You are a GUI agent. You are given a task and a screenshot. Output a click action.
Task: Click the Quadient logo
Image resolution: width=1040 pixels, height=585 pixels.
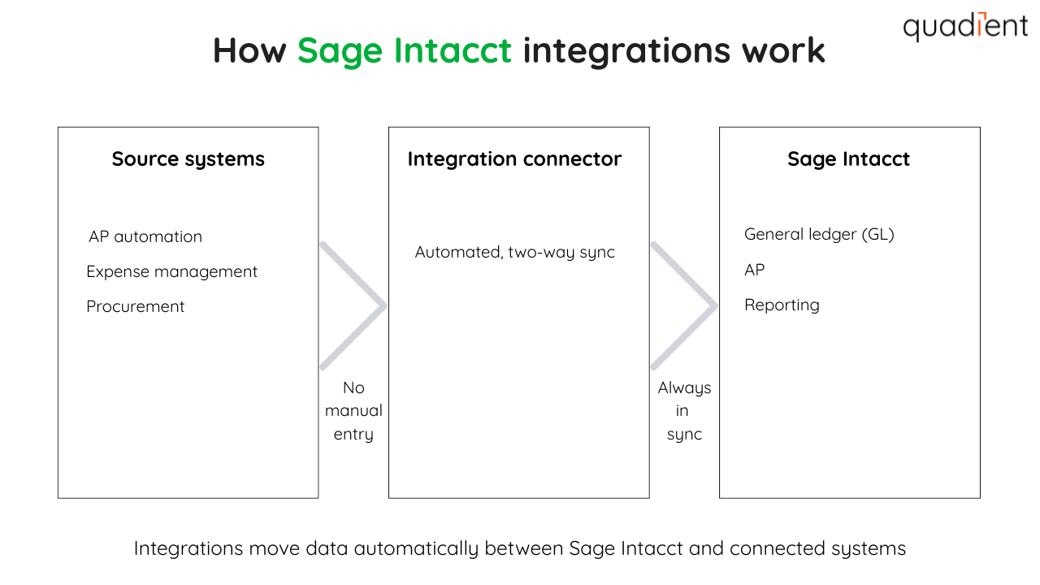[965, 27]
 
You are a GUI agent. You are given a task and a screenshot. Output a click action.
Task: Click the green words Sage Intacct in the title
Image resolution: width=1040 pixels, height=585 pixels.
[405, 50]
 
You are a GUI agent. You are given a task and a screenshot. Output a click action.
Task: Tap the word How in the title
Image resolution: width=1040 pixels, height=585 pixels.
[249, 50]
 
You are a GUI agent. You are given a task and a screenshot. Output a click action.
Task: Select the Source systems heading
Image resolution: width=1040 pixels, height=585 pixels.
[188, 159]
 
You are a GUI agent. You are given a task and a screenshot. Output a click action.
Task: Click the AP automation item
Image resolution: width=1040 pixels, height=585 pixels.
[145, 237]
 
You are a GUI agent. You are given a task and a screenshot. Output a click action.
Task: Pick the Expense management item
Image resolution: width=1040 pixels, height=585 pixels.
[171, 272]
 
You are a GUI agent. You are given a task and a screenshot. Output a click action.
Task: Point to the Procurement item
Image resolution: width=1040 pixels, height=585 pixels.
[136, 307]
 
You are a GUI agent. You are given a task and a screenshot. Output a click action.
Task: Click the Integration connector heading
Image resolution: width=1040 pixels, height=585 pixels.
[514, 159]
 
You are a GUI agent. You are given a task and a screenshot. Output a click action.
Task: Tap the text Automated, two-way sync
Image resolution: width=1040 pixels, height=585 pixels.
[514, 253]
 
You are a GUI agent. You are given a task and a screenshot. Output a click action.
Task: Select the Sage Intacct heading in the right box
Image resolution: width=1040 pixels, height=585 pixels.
[848, 159]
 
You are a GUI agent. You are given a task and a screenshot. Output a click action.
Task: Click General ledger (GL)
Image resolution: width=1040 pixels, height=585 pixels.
[819, 235]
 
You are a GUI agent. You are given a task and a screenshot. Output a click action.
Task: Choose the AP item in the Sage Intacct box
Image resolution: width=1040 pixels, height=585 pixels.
[754, 270]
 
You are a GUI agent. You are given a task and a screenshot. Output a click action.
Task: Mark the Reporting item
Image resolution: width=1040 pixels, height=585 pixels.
[782, 305]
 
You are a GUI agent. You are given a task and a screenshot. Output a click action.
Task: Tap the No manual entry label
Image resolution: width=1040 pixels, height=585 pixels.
[353, 411]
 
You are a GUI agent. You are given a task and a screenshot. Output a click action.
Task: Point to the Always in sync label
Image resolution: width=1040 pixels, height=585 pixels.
[684, 411]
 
